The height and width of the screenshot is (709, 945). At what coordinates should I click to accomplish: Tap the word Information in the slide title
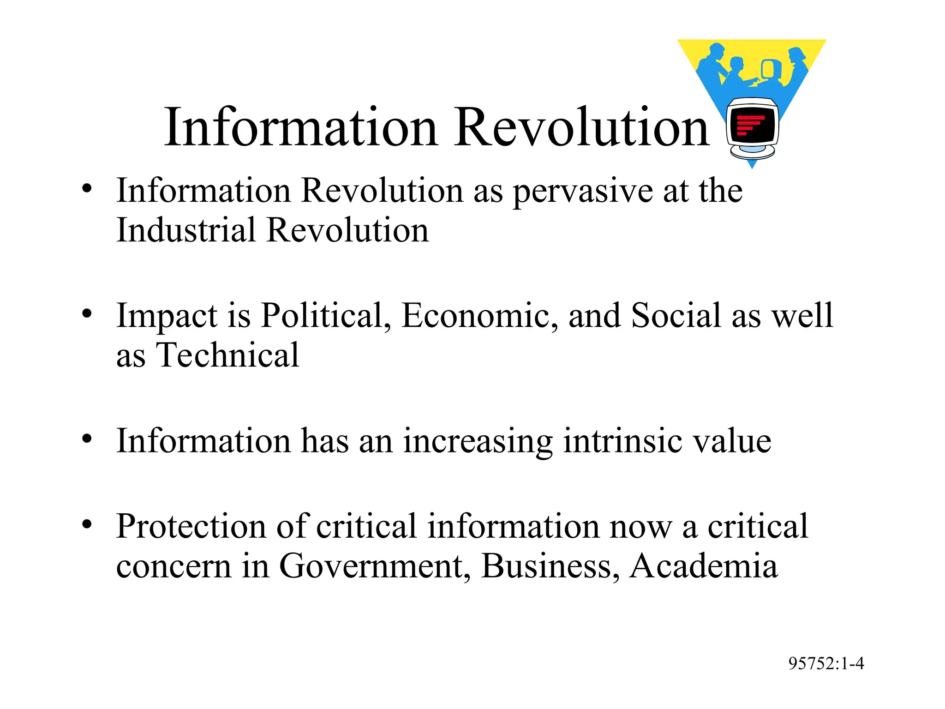click(300, 127)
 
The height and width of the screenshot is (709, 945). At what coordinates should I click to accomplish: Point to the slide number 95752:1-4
click(826, 663)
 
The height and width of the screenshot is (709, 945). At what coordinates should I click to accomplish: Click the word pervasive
click(583, 192)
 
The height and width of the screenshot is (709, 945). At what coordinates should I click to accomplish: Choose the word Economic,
click(480, 316)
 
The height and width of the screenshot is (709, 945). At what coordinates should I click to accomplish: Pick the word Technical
click(228, 355)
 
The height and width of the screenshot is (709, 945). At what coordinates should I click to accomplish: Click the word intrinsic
click(622, 441)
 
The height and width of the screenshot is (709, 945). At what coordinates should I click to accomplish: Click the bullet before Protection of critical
click(87, 525)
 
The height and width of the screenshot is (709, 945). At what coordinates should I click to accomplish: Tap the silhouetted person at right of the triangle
click(797, 65)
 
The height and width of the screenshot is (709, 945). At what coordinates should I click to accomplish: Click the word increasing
click(478, 441)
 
